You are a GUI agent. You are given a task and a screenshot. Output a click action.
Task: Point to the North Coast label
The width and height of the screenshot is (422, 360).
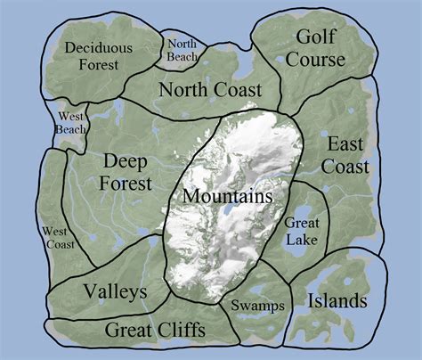[x=210, y=89]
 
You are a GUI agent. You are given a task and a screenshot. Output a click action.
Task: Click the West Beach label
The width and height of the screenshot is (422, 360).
[x=71, y=123]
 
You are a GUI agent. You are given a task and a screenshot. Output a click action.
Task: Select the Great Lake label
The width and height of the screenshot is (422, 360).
[x=302, y=230]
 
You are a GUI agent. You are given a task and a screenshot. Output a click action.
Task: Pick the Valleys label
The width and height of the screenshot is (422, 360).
[x=115, y=291]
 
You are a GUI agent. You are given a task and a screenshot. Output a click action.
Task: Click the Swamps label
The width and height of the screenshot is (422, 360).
[x=257, y=306]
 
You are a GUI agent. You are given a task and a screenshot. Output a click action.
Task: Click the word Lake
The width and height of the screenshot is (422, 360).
[x=302, y=238]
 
